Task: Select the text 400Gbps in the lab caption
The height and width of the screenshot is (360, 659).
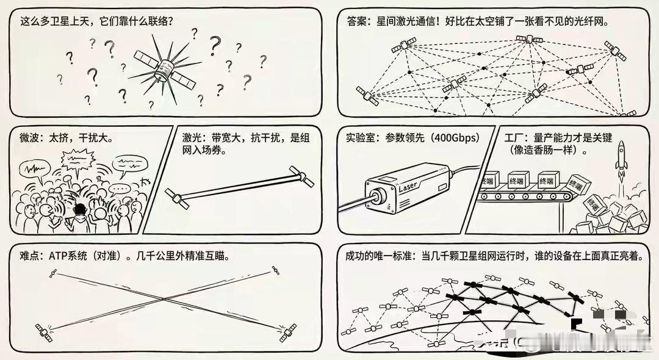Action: (452, 137)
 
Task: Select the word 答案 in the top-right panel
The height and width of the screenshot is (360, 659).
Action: (355, 21)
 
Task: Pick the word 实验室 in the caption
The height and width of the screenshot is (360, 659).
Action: (360, 137)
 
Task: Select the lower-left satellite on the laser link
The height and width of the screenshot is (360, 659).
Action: (175, 197)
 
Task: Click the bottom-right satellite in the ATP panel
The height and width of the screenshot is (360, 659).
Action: (287, 334)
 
